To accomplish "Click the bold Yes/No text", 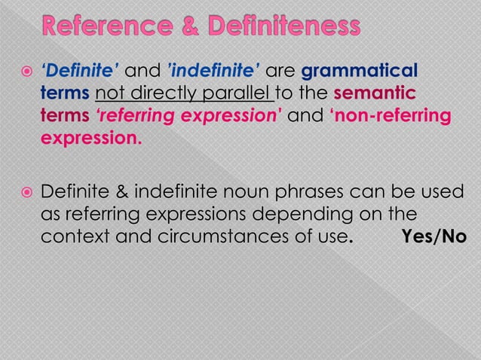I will [434, 236].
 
